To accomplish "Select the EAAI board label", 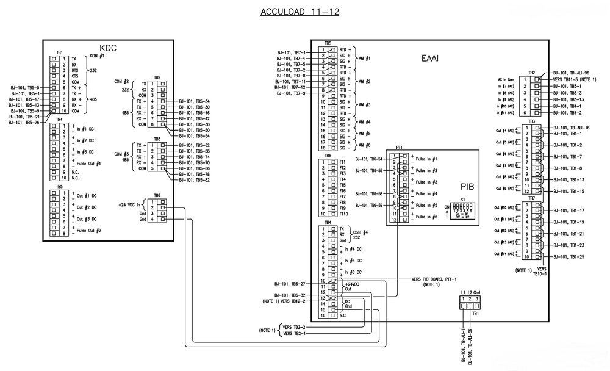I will click(431, 59).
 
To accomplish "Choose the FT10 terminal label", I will click(343, 214).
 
